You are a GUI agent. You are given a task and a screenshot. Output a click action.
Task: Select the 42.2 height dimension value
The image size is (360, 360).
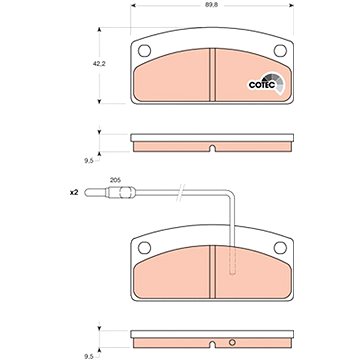99,64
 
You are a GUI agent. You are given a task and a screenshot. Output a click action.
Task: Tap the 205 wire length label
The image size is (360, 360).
115,180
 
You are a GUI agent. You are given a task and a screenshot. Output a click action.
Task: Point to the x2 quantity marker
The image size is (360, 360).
74,192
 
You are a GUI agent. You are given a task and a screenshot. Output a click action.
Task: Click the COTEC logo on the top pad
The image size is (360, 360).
266,84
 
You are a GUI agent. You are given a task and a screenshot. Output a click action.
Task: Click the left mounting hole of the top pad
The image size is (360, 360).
144,51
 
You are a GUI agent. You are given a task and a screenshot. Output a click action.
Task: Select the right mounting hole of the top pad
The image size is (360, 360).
280,51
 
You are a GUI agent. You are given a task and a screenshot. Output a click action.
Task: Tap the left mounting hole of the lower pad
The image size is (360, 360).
144,248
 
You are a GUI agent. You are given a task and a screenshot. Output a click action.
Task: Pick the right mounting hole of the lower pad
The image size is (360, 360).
280,248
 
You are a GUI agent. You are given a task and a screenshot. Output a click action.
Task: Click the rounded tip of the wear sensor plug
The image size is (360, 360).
86,193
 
